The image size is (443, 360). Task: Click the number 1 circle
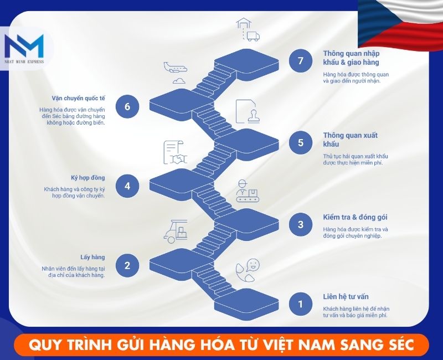tap(301, 304)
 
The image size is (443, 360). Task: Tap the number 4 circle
tap(127, 186)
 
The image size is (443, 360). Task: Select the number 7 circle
tap(301, 61)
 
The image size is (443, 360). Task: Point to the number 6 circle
tap(127, 106)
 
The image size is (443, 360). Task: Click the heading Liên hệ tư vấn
tap(346, 297)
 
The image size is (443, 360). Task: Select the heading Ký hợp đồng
tap(88, 178)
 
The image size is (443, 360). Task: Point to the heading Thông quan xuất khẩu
tap(350, 140)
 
